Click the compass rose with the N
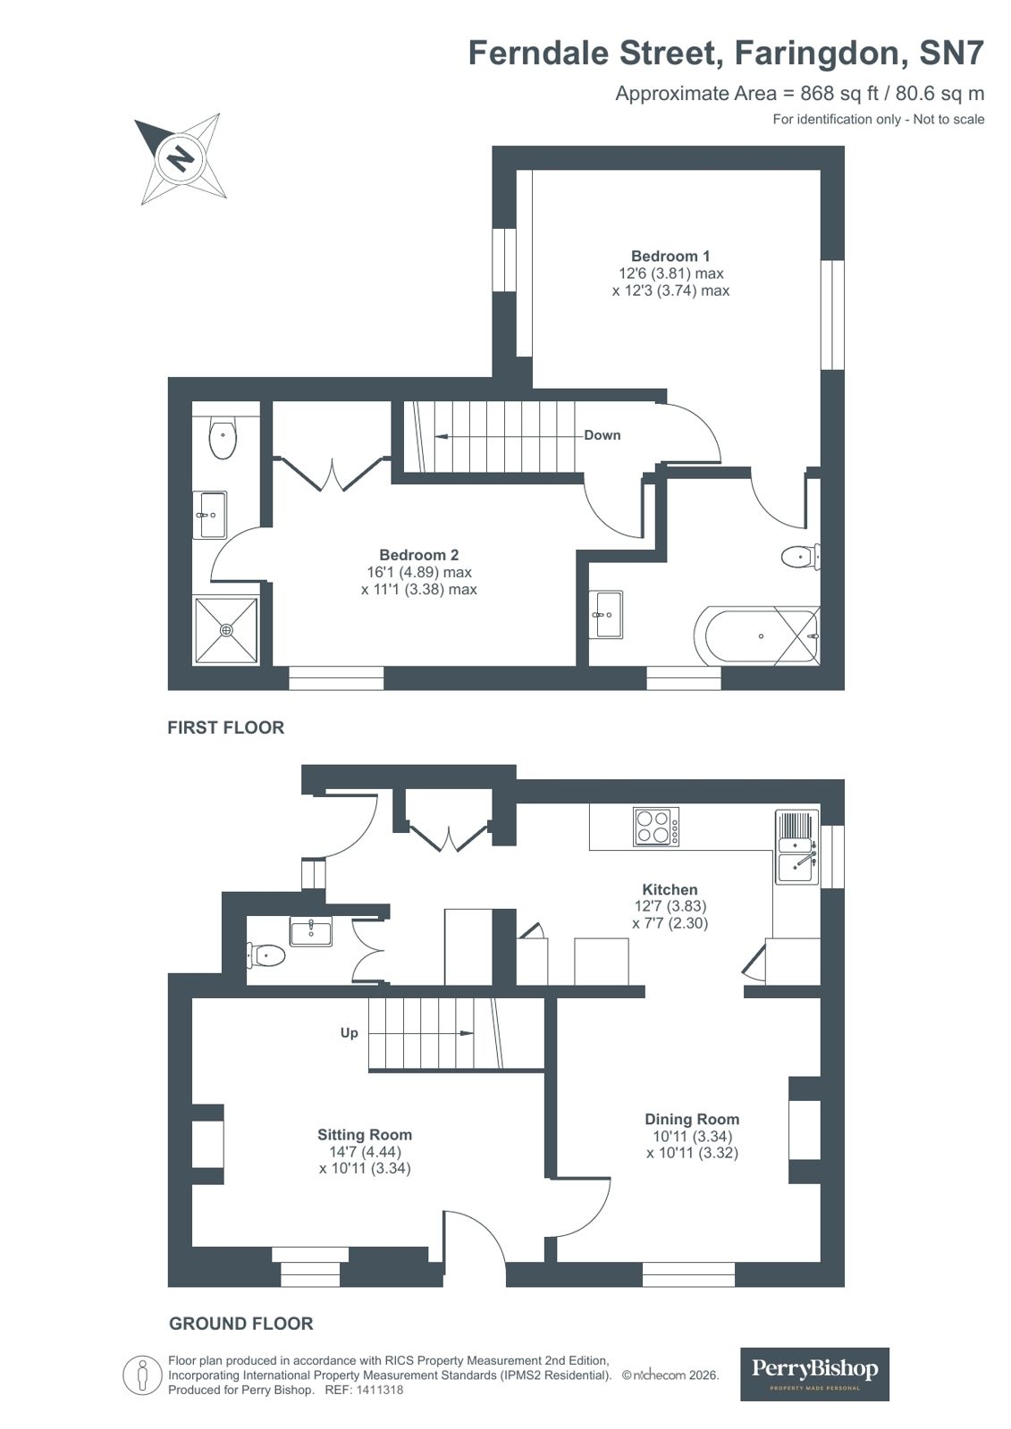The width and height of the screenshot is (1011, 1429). [181, 158]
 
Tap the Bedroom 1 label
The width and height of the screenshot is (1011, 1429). [670, 256]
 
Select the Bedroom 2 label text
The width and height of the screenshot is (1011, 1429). [418, 555]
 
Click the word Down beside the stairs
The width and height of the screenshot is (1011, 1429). [602, 435]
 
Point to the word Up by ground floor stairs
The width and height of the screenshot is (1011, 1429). [349, 1032]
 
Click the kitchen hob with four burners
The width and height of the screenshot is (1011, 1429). [655, 826]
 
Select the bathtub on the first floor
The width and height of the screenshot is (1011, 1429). [756, 635]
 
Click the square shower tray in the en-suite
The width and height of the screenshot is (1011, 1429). [226, 630]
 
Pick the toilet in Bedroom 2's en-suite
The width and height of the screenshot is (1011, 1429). [223, 439]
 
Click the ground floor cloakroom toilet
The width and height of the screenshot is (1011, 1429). [265, 955]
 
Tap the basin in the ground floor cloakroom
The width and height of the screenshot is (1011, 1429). [310, 931]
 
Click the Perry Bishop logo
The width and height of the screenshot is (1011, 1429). [814, 1373]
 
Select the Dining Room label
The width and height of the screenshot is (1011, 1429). [692, 1119]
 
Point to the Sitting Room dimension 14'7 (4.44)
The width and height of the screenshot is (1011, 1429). [365, 1152]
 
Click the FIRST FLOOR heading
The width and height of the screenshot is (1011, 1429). [225, 727]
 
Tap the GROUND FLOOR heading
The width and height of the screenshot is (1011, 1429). [240, 1324]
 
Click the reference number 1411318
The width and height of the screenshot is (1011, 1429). [380, 1390]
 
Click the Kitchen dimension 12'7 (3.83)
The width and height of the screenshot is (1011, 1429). [670, 906]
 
